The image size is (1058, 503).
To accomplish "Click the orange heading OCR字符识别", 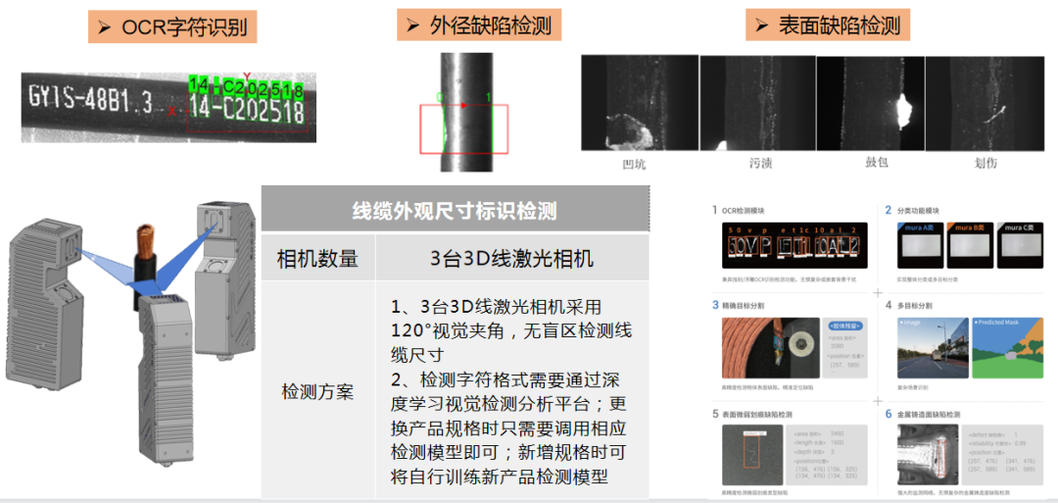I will [x=172, y=27].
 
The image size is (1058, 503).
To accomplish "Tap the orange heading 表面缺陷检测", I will [x=827, y=25].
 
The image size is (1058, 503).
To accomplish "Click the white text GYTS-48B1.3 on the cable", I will [x=91, y=99].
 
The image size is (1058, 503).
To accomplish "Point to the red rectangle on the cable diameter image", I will [x=463, y=128].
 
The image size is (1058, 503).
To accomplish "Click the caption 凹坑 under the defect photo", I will [x=634, y=164].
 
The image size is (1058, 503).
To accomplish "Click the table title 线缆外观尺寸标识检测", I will [x=455, y=211].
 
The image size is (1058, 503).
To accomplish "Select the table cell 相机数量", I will [x=317, y=259].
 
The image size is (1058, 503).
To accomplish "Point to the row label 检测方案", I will [x=317, y=392].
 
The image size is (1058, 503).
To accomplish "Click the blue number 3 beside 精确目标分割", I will [x=715, y=305].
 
